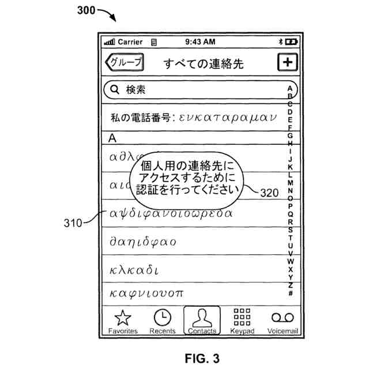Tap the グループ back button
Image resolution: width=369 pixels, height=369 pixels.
pyautogui.click(x=124, y=63)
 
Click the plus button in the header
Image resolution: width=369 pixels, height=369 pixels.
pyautogui.click(x=287, y=63)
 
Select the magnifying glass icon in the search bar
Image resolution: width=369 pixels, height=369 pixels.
pyautogui.click(x=114, y=89)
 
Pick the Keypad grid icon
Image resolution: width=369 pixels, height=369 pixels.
pyautogui.click(x=242, y=317)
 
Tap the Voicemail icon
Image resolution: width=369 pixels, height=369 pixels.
pyautogui.click(x=283, y=318)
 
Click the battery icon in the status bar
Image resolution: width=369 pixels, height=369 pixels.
pyautogui.click(x=291, y=42)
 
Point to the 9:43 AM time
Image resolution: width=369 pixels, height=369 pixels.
pyautogui.click(x=201, y=42)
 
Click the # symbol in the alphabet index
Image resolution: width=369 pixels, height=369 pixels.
pyautogui.click(x=290, y=293)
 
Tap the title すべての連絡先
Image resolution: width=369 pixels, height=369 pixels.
pyautogui.click(x=203, y=63)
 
